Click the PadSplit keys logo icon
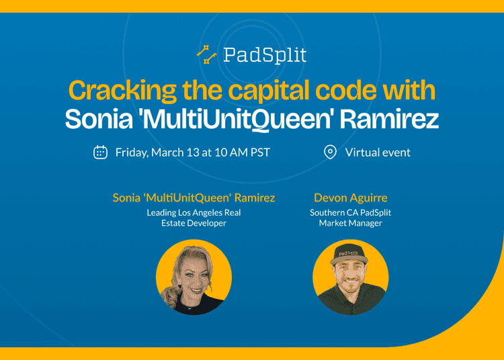pos(207,54)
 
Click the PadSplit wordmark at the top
pos(265,55)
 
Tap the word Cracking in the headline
pos(122,91)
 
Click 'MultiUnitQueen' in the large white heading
pos(237,120)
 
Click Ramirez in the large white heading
pos(389,119)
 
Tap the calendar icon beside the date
pos(100,152)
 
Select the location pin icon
pos(330,152)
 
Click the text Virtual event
pos(378,152)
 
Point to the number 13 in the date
pos(193,152)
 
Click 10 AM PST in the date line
pos(243,152)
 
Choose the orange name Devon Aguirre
pos(350,198)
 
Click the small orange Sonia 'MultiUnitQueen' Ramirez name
pos(194,198)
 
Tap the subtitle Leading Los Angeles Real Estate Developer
pos(194,218)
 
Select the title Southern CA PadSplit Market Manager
pos(350,218)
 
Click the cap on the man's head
pos(349,255)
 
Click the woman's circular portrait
pos(194,277)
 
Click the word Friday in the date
pos(132,152)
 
